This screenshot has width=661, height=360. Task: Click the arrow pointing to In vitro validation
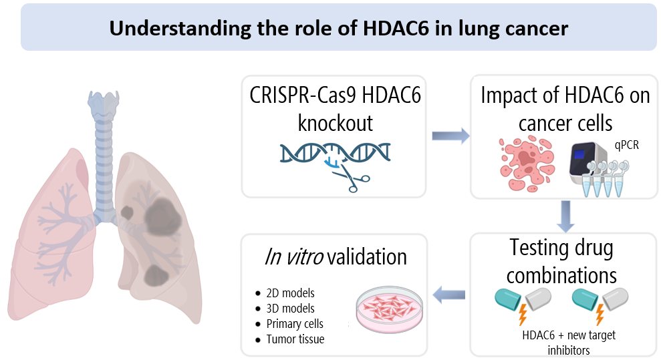click(450, 292)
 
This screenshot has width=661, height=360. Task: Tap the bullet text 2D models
click(289, 293)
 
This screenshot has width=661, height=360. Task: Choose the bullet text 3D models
click(289, 309)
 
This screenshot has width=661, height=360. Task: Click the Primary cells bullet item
click(294, 324)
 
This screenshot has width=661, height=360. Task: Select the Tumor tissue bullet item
click(295, 339)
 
